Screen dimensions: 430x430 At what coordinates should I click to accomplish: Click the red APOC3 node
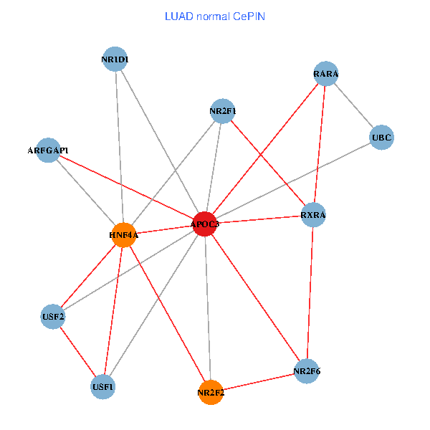coord(206,224)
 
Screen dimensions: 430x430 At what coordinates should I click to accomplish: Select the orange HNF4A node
coord(124,234)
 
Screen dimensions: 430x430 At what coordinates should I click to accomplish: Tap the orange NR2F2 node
coord(211,392)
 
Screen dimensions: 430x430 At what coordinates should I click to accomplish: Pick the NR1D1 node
coord(115,59)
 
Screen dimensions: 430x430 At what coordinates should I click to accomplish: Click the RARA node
coord(326,74)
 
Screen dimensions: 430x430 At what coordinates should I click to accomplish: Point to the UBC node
coord(382,137)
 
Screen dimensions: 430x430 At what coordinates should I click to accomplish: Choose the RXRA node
coord(313,214)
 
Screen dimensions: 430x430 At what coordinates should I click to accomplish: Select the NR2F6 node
coord(307,371)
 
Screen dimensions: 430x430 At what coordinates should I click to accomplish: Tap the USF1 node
coord(103,387)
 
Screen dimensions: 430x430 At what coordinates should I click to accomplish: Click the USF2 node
coord(53,316)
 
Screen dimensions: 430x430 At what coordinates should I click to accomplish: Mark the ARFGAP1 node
coord(48,150)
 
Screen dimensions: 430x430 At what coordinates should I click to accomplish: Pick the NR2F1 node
coord(223,111)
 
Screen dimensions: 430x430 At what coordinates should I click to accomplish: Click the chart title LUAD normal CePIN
coord(215,16)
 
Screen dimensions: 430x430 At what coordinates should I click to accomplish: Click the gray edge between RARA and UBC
coord(354,105)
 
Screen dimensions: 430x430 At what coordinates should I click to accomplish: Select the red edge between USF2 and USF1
coord(78,351)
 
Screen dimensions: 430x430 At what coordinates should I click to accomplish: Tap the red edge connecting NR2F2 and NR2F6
coord(259,382)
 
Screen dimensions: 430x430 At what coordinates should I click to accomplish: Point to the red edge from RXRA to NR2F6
coord(310,292)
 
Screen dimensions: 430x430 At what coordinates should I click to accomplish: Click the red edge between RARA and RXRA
coord(320,144)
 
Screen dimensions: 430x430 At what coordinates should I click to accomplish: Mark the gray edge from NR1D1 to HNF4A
coord(119,147)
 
